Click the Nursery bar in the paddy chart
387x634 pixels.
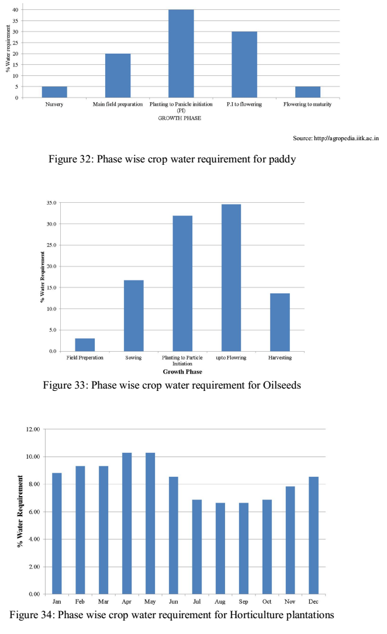click(54, 92)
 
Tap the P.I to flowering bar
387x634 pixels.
click(244, 64)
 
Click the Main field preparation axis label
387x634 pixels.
click(118, 105)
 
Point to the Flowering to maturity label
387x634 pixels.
click(307, 105)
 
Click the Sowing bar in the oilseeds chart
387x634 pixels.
click(133, 316)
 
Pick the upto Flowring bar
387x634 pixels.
click(231, 278)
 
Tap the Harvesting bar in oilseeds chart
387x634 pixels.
click(279, 322)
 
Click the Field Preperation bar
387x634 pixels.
click(85, 345)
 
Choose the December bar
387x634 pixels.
click(314, 535)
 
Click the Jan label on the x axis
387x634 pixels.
click(57, 601)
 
